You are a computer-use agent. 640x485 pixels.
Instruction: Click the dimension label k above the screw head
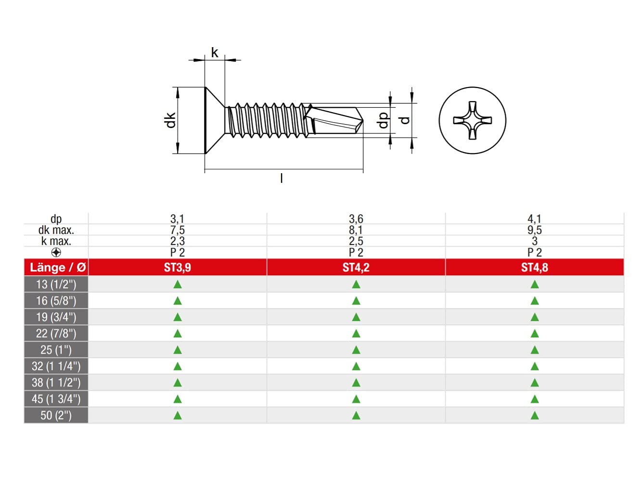(x=215, y=52)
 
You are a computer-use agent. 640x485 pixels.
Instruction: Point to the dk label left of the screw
(x=170, y=120)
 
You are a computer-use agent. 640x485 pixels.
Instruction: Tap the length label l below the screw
(x=282, y=179)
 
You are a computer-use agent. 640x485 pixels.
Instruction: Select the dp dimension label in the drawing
(x=383, y=120)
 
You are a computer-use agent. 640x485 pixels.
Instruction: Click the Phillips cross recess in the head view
(x=473, y=120)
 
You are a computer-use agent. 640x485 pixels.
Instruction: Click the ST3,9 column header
(x=177, y=268)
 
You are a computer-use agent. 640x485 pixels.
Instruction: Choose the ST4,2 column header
(x=356, y=268)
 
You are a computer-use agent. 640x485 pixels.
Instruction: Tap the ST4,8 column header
(x=534, y=268)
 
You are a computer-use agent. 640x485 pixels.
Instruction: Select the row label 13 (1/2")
(x=56, y=284)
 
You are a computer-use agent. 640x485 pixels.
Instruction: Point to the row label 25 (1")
(x=56, y=350)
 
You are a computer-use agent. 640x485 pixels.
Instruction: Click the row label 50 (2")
(x=56, y=415)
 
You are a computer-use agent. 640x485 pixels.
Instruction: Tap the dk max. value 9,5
(x=534, y=230)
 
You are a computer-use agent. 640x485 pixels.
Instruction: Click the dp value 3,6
(x=356, y=219)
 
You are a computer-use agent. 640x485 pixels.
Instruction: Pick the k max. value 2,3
(x=177, y=241)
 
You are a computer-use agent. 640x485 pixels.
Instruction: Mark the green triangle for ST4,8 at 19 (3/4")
(x=534, y=317)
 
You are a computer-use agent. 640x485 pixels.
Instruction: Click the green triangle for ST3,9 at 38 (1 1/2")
(x=177, y=383)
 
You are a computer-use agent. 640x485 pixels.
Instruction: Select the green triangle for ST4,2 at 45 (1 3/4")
(x=356, y=399)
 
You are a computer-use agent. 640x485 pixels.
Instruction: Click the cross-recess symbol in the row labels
(x=56, y=253)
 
